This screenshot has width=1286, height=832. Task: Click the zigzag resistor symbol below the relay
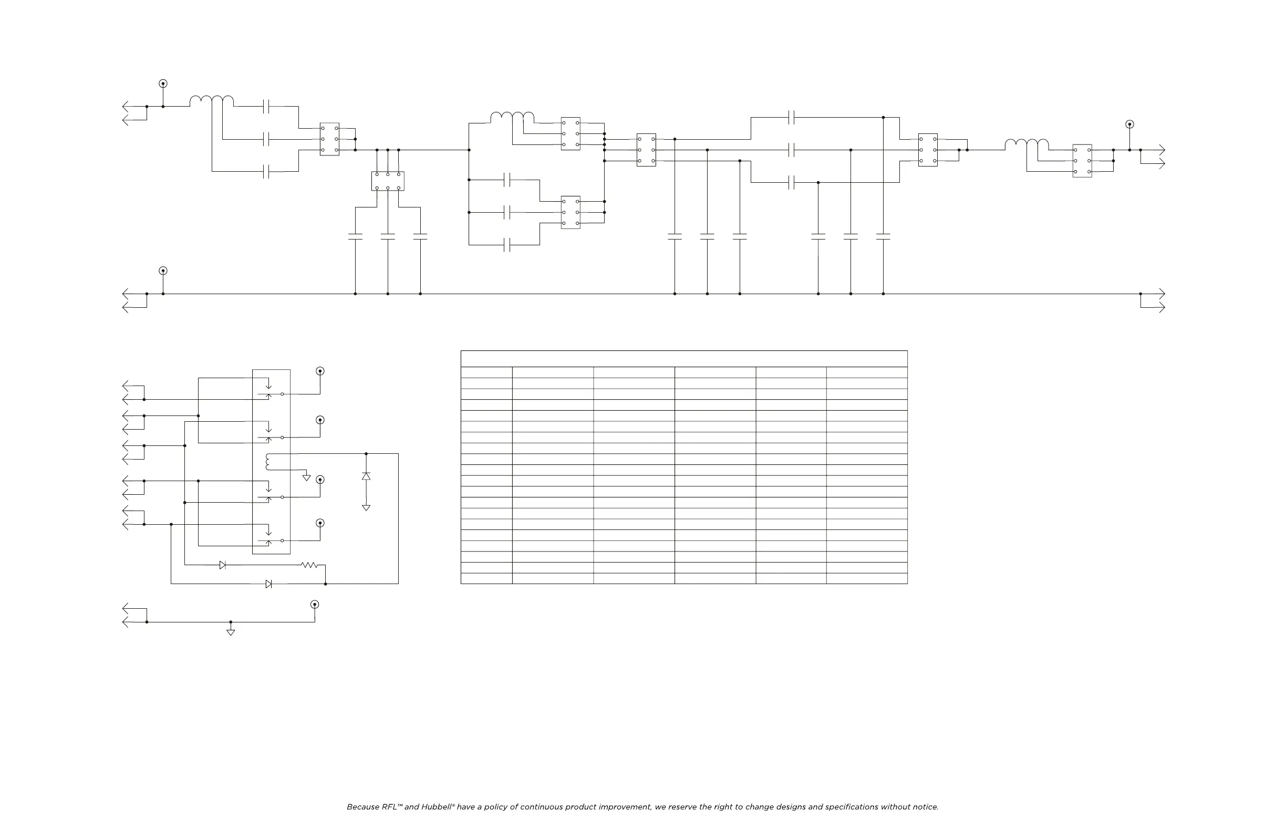pos(309,565)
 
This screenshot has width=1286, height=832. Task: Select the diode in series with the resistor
pos(223,565)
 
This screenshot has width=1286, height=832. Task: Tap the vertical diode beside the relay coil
pos(366,476)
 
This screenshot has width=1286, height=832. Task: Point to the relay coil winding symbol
pos(267,462)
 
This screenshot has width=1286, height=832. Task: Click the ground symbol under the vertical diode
pos(366,508)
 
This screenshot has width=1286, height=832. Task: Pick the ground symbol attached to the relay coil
pos(306,477)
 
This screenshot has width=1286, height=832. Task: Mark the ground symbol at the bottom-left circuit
pos(231,632)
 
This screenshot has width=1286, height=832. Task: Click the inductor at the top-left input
pos(212,101)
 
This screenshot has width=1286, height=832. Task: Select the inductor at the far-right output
pos(1026,144)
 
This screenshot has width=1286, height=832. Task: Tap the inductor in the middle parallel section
pos(512,117)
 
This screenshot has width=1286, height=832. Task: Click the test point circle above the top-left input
pos(163,84)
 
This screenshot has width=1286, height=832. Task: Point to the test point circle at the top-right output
pos(1129,124)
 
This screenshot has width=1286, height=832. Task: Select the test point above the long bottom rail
pos(163,271)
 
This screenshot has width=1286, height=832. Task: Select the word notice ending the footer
pos(925,807)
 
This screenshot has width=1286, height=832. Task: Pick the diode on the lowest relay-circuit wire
pos(268,584)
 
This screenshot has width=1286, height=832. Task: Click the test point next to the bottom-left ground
pos(315,605)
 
